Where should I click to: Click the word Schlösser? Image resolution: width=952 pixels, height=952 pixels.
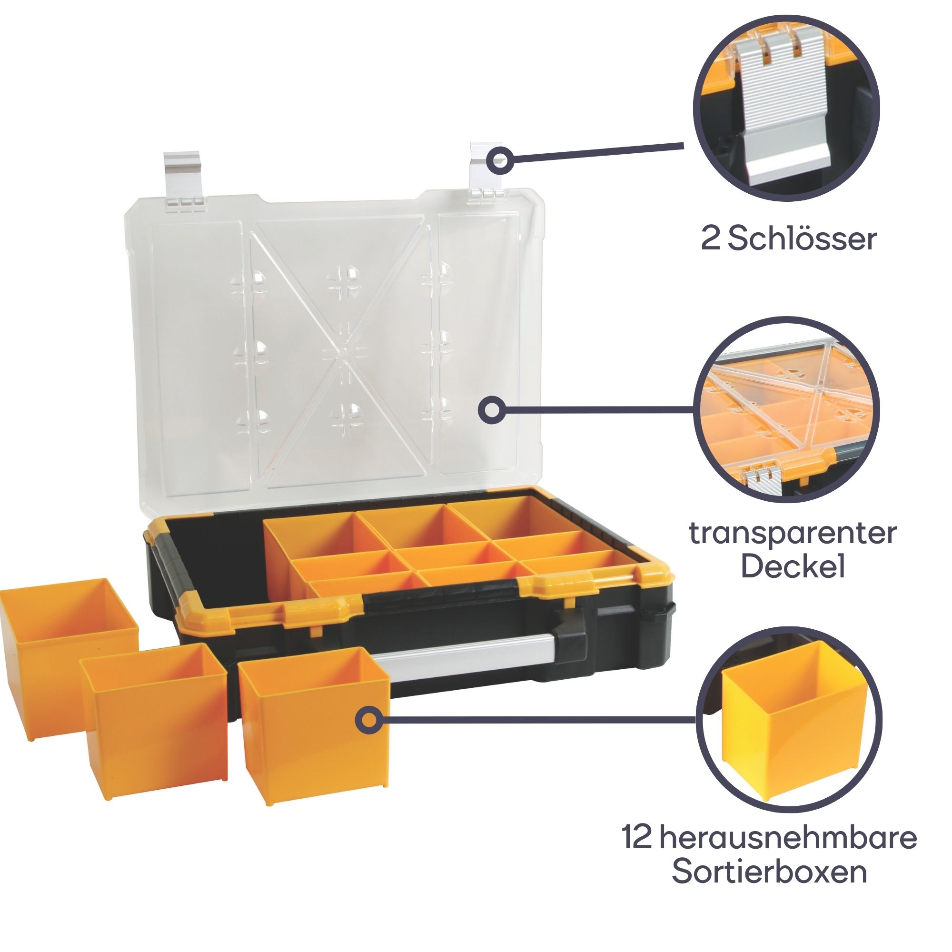tap(802, 240)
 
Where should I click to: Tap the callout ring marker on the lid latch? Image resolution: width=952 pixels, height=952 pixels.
tap(500, 161)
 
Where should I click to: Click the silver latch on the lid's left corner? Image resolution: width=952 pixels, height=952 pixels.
tap(182, 180)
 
